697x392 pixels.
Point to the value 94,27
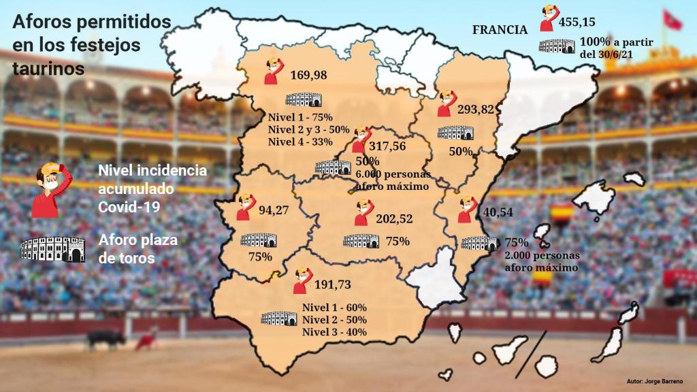pyautogui.click(x=274, y=210)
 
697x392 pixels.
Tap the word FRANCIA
pyautogui.click(x=500, y=29)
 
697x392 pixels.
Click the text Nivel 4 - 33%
pyautogui.click(x=300, y=142)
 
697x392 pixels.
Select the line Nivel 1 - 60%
pyautogui.click(x=334, y=307)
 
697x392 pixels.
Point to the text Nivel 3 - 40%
pyautogui.click(x=334, y=331)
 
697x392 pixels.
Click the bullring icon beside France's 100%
pyautogui.click(x=557, y=46)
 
